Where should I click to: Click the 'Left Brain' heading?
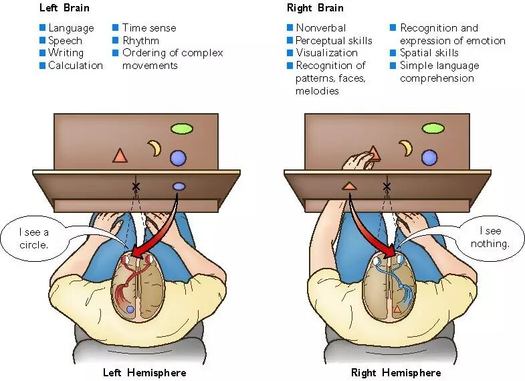click(x=64, y=8)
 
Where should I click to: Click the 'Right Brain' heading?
click(x=315, y=8)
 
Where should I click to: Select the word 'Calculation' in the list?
click(x=76, y=66)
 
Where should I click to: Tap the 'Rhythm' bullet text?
click(x=140, y=40)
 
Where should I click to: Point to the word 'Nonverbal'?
click(x=321, y=28)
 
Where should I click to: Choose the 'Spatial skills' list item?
click(x=429, y=53)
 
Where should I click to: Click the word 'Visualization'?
click(x=326, y=53)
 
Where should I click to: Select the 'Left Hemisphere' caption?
click(x=144, y=372)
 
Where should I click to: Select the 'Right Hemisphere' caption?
click(x=396, y=372)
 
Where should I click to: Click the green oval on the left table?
click(x=181, y=128)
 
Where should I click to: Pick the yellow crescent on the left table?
click(x=154, y=147)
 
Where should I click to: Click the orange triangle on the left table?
click(x=120, y=156)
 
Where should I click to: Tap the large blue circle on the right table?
click(x=429, y=157)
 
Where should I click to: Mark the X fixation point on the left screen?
click(x=136, y=186)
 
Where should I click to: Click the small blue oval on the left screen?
click(x=179, y=186)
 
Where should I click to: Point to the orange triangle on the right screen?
click(x=349, y=186)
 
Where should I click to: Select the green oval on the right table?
click(x=433, y=128)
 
